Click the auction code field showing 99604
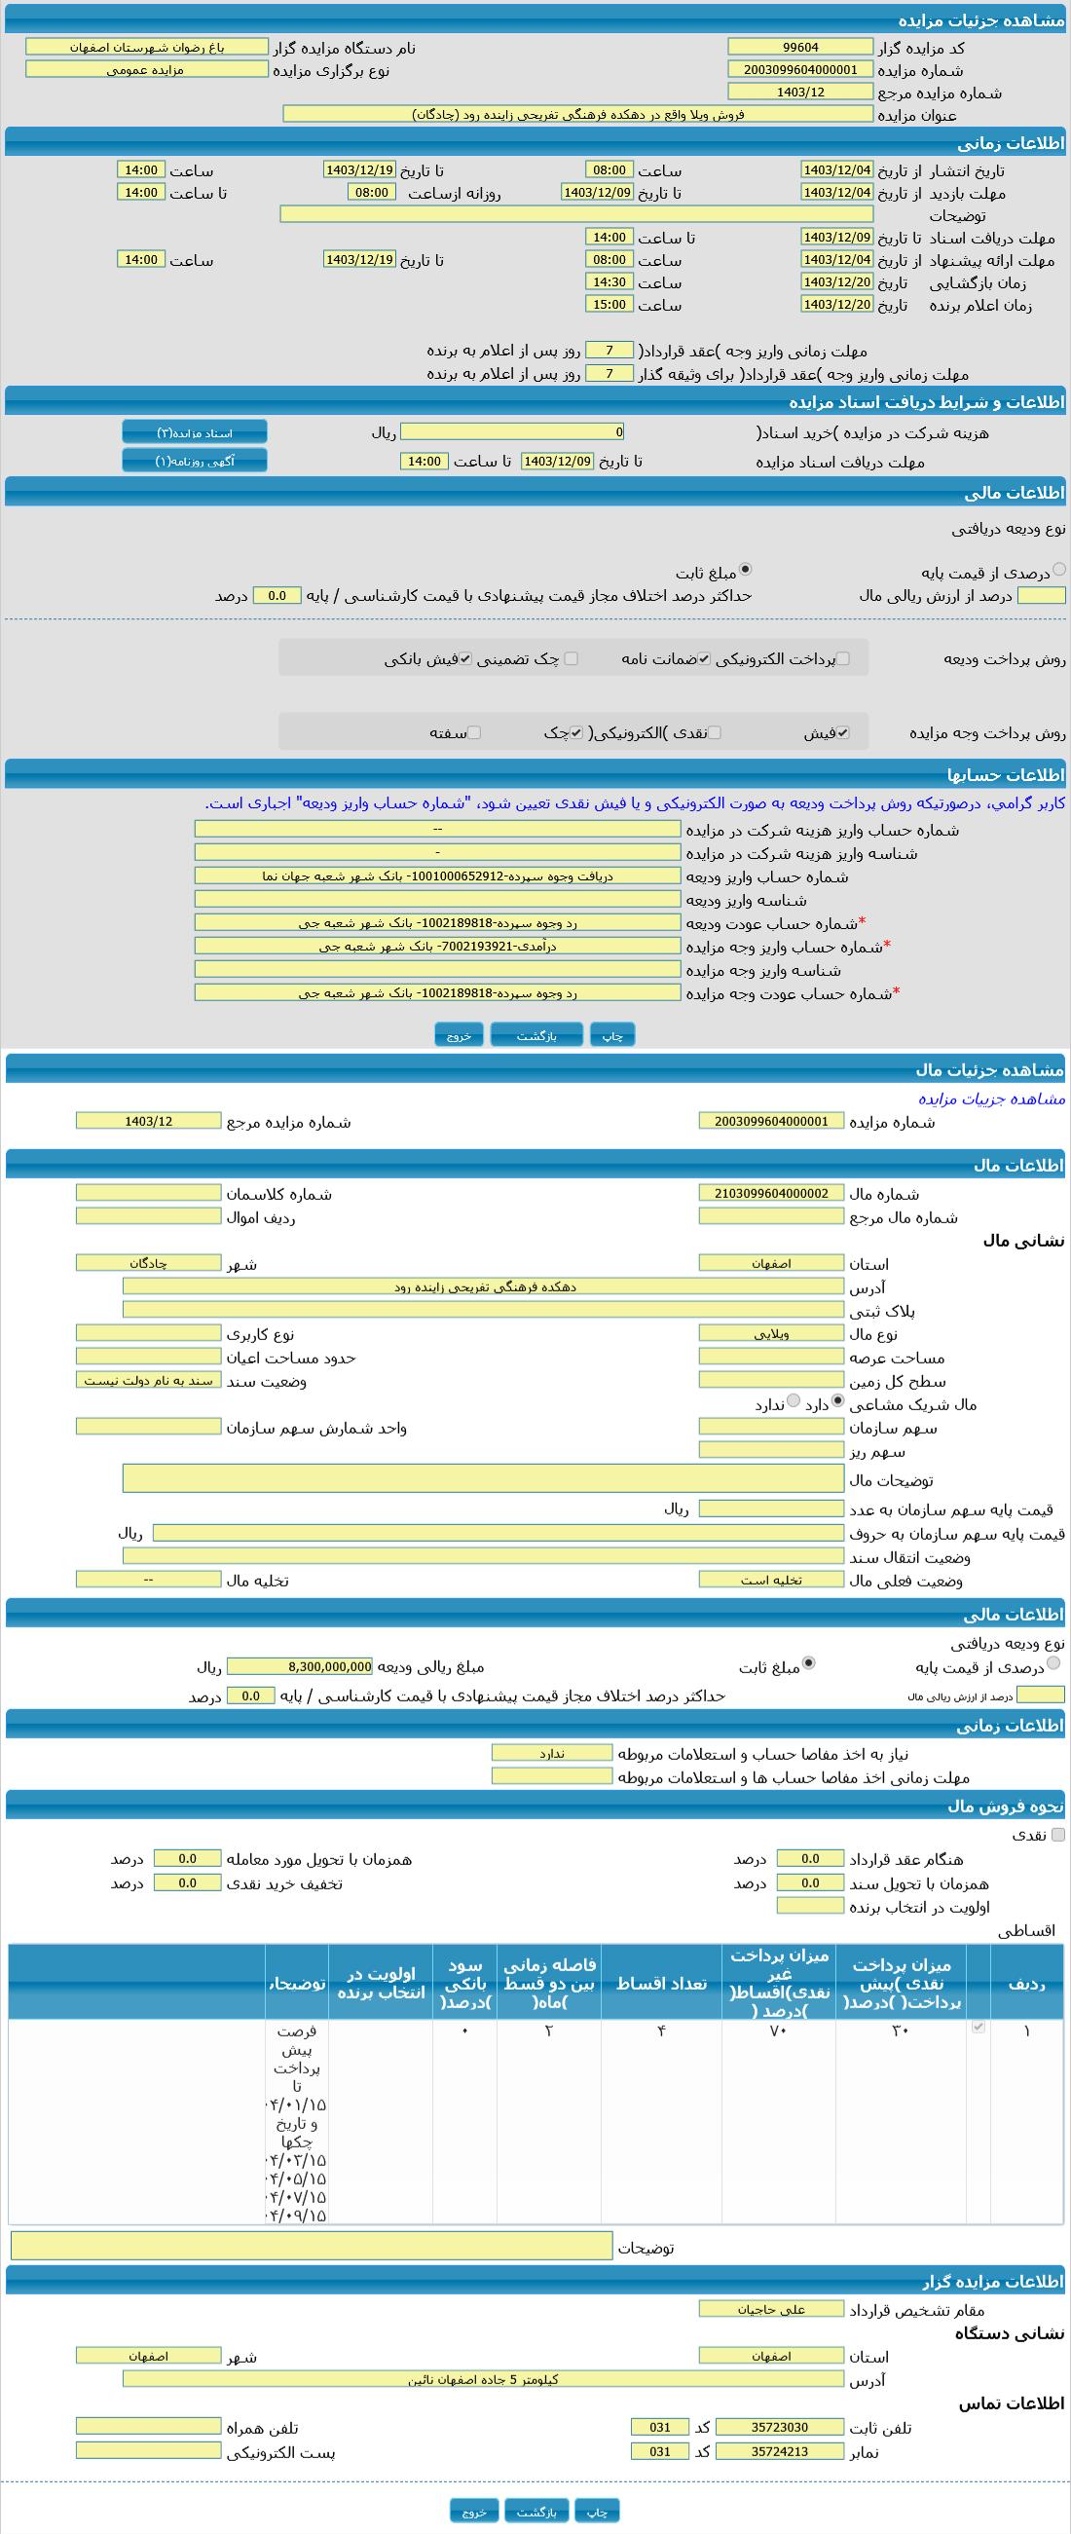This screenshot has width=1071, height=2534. [799, 47]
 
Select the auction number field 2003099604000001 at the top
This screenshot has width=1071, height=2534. [799, 70]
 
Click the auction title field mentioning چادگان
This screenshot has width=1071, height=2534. [577, 114]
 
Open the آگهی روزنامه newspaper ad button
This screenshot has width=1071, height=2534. [195, 461]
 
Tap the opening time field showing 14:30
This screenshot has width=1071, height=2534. [609, 282]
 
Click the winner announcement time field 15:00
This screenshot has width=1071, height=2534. [609, 305]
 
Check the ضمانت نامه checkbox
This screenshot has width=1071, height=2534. [704, 659]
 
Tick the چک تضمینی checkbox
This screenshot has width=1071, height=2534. [572, 659]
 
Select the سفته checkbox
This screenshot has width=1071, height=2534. [474, 733]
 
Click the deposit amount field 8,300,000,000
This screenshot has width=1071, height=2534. [300, 1666]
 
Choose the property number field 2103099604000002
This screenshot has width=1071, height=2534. [771, 1193]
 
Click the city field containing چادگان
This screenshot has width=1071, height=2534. [149, 1263]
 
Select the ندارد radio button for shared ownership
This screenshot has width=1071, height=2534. [794, 1401]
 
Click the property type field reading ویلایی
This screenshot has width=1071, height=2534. [771, 1334]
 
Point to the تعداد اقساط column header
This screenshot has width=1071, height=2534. [661, 1983]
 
